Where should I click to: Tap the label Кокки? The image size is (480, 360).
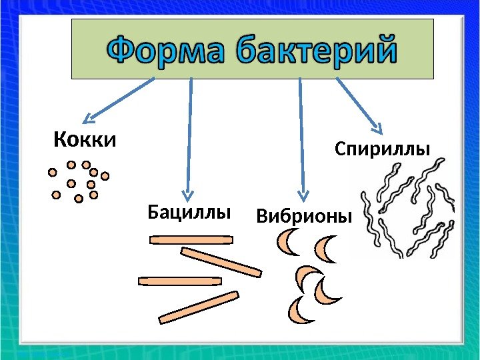[x=84, y=141]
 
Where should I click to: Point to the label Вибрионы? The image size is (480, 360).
[x=303, y=217]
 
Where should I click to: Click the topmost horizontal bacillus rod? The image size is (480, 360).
[x=191, y=239]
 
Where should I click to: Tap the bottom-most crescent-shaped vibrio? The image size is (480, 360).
[x=297, y=310]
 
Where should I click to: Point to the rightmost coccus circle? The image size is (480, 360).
[x=105, y=176]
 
